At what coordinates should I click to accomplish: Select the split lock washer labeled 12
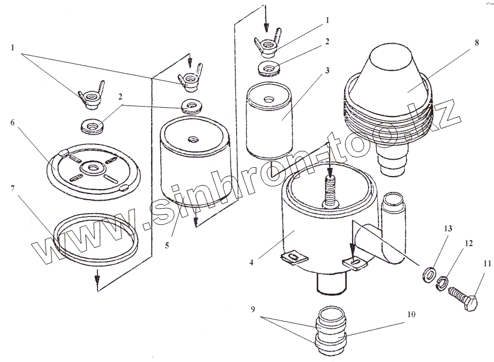pyautogui.click(x=443, y=282)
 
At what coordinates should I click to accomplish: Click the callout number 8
pyautogui.click(x=476, y=43)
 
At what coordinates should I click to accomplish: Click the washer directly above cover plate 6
pyautogui.click(x=93, y=125)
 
